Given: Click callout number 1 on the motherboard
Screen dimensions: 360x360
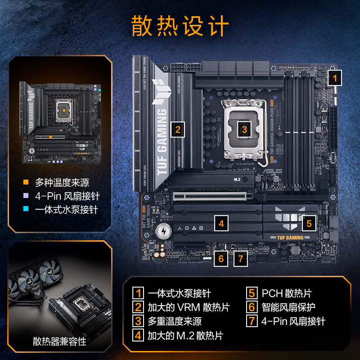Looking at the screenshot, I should [x=334, y=78].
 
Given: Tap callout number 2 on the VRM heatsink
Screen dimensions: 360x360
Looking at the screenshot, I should [x=178, y=130].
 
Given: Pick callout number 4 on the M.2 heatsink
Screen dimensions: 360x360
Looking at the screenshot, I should [x=221, y=222].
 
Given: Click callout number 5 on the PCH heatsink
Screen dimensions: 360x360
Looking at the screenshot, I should [x=309, y=223].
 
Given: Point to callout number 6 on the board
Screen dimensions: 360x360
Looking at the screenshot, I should [x=221, y=258].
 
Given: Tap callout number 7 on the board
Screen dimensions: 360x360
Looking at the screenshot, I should [x=241, y=258].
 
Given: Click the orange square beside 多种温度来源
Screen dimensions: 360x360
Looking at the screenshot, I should [x=26, y=183].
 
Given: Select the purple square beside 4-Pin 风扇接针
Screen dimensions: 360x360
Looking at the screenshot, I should [x=26, y=196].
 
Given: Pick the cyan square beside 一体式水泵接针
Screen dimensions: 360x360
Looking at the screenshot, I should [x=26, y=210].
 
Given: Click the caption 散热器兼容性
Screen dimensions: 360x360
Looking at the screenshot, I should [x=59, y=341].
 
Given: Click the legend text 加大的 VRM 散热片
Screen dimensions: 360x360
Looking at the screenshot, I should [x=189, y=307].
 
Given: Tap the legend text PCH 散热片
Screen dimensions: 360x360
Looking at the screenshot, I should [x=286, y=293].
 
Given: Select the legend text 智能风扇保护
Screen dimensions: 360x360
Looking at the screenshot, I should [x=288, y=307].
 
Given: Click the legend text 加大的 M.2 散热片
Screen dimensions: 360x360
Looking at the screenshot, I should [x=185, y=335].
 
